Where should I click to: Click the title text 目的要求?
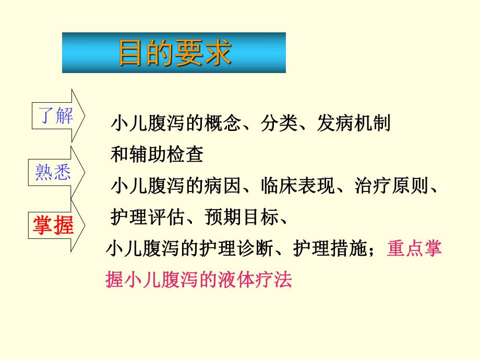pyautogui.click(x=174, y=52)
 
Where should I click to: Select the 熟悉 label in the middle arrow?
pyautogui.click(x=53, y=172)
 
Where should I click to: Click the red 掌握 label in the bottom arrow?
pyautogui.click(x=53, y=225)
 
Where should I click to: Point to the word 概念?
pyautogui.click(x=221, y=124)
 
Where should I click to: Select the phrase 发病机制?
pyautogui.click(x=354, y=124)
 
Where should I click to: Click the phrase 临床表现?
pyautogui.click(x=298, y=185)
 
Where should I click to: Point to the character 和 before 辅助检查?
pyautogui.click(x=119, y=154)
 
